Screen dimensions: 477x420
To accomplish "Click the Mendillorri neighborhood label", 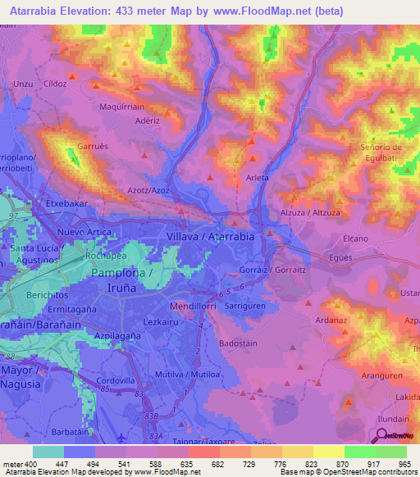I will (x=194, y=307).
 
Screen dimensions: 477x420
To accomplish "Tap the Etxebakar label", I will (x=66, y=202).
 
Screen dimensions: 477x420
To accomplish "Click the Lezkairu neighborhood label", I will (x=160, y=322).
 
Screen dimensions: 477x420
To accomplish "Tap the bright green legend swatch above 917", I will (x=359, y=452).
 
